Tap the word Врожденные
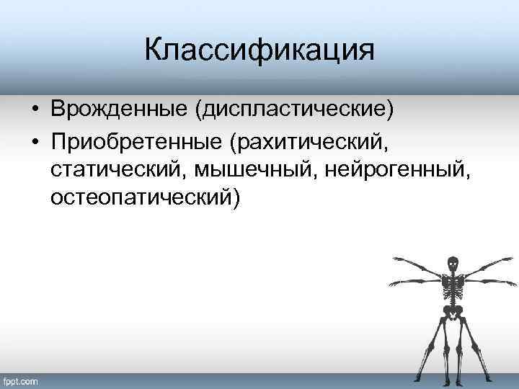[120, 110]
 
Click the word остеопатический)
[143, 197]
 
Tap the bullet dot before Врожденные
[35, 111]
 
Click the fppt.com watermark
[21, 380]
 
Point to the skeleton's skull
[452, 264]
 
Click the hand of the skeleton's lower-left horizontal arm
[394, 283]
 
